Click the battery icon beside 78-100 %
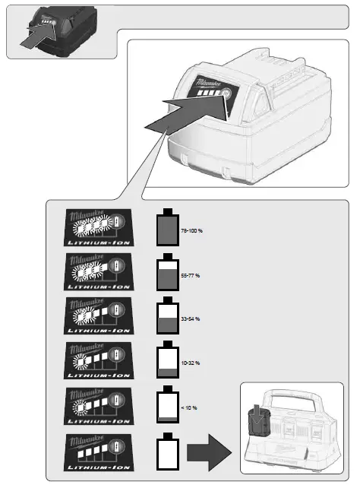click(166, 227)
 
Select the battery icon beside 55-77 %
click(166, 272)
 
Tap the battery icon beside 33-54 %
click(166, 316)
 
